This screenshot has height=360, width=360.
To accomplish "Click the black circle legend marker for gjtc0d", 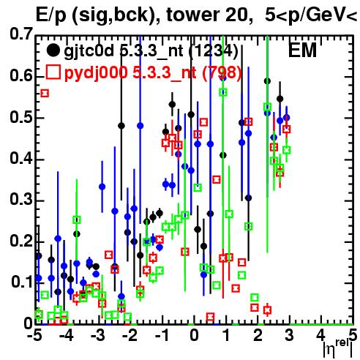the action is click(x=53, y=50).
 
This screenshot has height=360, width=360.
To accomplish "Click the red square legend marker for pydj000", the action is click(x=53, y=72).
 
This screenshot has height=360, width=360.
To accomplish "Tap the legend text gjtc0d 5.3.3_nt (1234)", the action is click(x=151, y=52).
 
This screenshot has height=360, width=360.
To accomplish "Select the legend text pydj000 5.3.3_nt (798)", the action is click(x=153, y=73).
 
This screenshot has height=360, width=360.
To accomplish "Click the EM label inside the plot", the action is click(x=302, y=50).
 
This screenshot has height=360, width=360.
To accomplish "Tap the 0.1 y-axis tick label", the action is click(x=22, y=282).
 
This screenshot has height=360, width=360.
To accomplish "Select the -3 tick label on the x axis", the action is click(x=98, y=336).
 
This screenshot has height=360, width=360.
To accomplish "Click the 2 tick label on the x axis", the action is click(x=258, y=336).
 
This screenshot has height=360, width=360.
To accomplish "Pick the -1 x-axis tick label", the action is click(x=162, y=336).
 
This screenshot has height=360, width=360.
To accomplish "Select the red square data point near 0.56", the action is click(x=45, y=93).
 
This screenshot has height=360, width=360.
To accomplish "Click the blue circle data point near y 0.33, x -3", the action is click(x=102, y=187).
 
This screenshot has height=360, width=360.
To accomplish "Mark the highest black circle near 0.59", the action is click(x=267, y=81).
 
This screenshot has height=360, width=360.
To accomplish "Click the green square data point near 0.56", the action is click(x=223, y=92).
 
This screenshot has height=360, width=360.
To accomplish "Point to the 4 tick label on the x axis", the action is click(x=321, y=336).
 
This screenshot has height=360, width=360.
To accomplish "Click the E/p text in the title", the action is click(x=51, y=15).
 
